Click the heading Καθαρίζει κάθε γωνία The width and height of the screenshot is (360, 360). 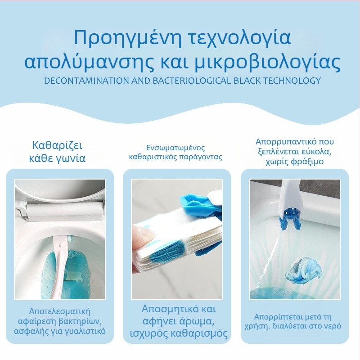tap(59, 152)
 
